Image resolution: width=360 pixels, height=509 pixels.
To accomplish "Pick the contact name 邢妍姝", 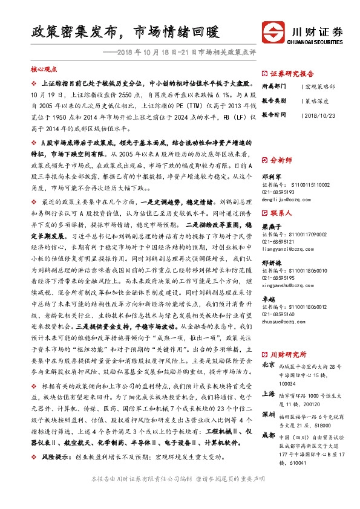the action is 270,264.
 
